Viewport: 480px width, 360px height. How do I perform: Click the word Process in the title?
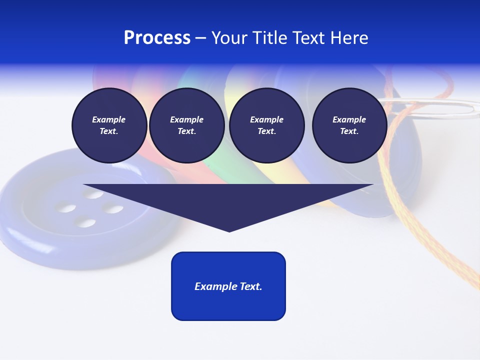[x=157, y=38]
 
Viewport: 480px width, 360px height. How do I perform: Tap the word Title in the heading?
[x=271, y=38]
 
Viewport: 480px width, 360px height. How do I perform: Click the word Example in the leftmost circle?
[x=109, y=119]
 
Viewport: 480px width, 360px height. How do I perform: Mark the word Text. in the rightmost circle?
[x=349, y=131]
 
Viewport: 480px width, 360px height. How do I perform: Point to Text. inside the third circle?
[x=266, y=131]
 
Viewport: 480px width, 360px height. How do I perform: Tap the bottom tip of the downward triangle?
[x=229, y=230]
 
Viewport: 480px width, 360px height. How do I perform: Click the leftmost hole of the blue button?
[x=64, y=206]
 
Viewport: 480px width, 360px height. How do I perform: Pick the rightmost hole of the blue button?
[x=113, y=209]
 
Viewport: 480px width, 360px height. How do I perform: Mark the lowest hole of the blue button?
[x=86, y=222]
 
